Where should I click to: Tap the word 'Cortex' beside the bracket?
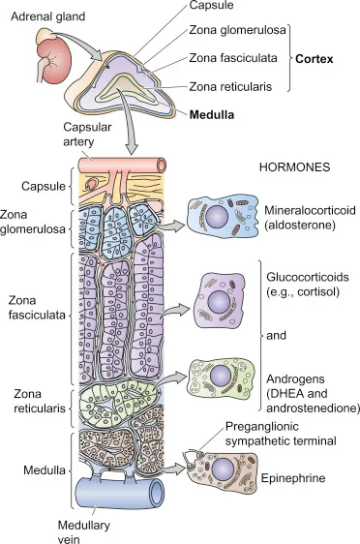[315, 59]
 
